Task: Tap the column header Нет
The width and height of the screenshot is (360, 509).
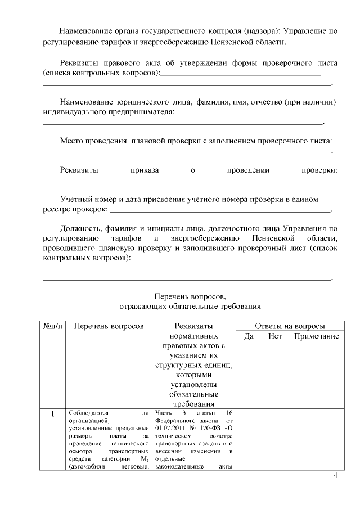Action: tap(275, 336)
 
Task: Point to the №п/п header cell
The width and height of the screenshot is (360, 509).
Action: tap(53, 326)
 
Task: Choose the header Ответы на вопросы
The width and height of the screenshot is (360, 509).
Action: tap(290, 326)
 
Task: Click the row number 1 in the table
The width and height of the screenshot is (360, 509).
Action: tap(53, 415)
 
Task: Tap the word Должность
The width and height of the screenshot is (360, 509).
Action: tap(80, 228)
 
